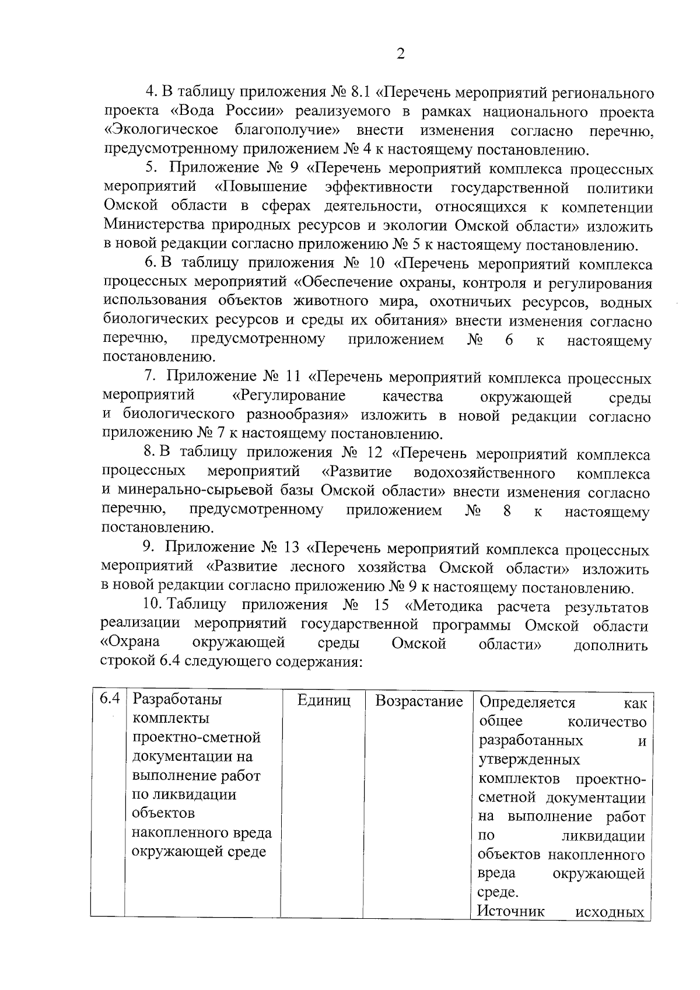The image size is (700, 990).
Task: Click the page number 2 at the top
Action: [400, 54]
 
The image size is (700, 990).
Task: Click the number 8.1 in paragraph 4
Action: [359, 93]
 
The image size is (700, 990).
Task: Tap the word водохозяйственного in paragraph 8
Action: [484, 473]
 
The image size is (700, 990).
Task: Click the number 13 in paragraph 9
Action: [291, 549]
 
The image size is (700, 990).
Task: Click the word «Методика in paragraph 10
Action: [447, 607]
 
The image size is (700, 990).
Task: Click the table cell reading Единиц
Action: [324, 702]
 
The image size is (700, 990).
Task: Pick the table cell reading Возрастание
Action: [418, 702]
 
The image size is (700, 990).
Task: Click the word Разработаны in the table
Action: [177, 699]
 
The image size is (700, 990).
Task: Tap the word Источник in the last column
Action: [512, 911]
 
